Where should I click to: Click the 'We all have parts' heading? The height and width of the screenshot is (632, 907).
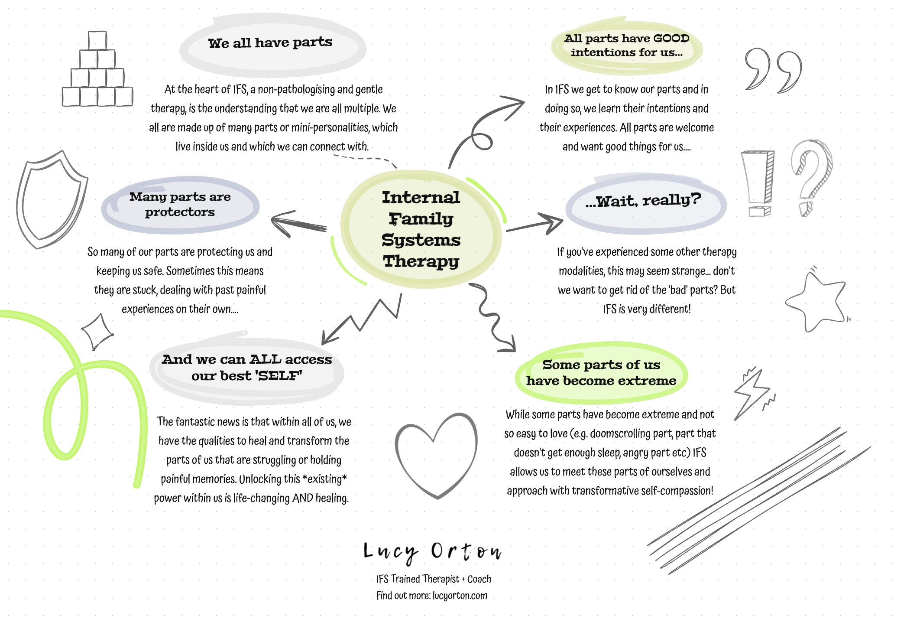pyautogui.click(x=270, y=43)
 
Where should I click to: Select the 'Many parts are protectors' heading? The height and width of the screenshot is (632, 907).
pyautogui.click(x=180, y=204)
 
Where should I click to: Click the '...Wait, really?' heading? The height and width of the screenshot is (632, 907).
pyautogui.click(x=643, y=201)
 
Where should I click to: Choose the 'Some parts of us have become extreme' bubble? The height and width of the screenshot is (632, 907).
pyautogui.click(x=601, y=373)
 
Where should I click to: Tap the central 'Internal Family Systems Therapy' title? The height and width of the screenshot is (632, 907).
pyautogui.click(x=421, y=229)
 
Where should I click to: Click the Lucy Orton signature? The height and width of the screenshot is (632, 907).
pyautogui.click(x=432, y=552)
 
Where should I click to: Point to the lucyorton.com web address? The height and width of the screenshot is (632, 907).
pyautogui.click(x=460, y=596)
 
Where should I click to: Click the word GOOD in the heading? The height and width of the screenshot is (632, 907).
pyautogui.click(x=671, y=38)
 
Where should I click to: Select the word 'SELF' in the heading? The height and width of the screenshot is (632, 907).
pyautogui.click(x=279, y=375)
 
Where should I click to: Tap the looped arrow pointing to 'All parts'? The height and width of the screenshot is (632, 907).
pyautogui.click(x=485, y=130)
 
